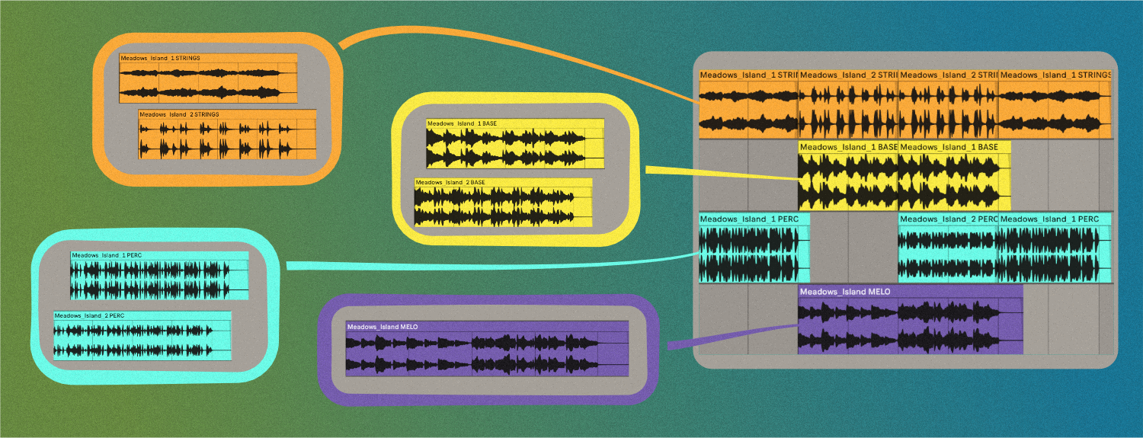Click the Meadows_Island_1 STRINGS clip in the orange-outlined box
coord(208,78)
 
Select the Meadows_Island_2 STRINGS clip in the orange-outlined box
coord(227,135)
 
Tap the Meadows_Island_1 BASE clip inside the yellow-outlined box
coord(515,143)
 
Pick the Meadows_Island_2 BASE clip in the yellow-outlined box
coord(504,202)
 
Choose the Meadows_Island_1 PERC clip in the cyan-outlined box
coord(159,275)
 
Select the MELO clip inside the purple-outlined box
coord(487,349)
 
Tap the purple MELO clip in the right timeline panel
coord(910,320)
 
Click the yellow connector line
coord(724,173)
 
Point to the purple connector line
coord(732,336)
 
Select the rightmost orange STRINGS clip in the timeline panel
coord(1055,104)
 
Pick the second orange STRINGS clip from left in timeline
coord(848,104)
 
